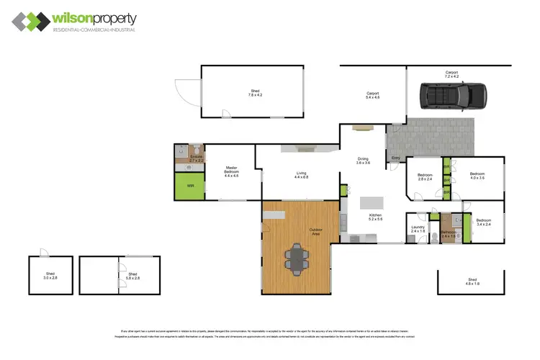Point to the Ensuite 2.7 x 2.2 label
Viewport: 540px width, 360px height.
click(x=197, y=158)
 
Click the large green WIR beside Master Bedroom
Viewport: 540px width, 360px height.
click(x=190, y=186)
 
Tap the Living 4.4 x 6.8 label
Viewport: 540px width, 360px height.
click(x=301, y=174)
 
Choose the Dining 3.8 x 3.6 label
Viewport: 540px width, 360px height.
click(x=363, y=161)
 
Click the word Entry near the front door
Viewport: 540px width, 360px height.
click(x=395, y=158)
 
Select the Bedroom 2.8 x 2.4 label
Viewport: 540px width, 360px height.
click(x=424, y=176)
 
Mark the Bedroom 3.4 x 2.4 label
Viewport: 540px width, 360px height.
click(x=484, y=222)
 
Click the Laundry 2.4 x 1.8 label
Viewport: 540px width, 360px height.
click(x=418, y=230)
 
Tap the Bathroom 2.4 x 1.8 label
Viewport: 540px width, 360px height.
click(x=449, y=233)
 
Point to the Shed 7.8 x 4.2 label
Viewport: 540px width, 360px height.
click(x=255, y=92)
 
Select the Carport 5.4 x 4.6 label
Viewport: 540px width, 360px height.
click(x=372, y=94)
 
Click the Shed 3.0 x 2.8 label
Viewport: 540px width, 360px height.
click(x=51, y=276)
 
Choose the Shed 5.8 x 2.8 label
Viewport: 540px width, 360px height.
click(x=132, y=276)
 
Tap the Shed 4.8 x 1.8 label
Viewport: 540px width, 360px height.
click(x=472, y=282)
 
